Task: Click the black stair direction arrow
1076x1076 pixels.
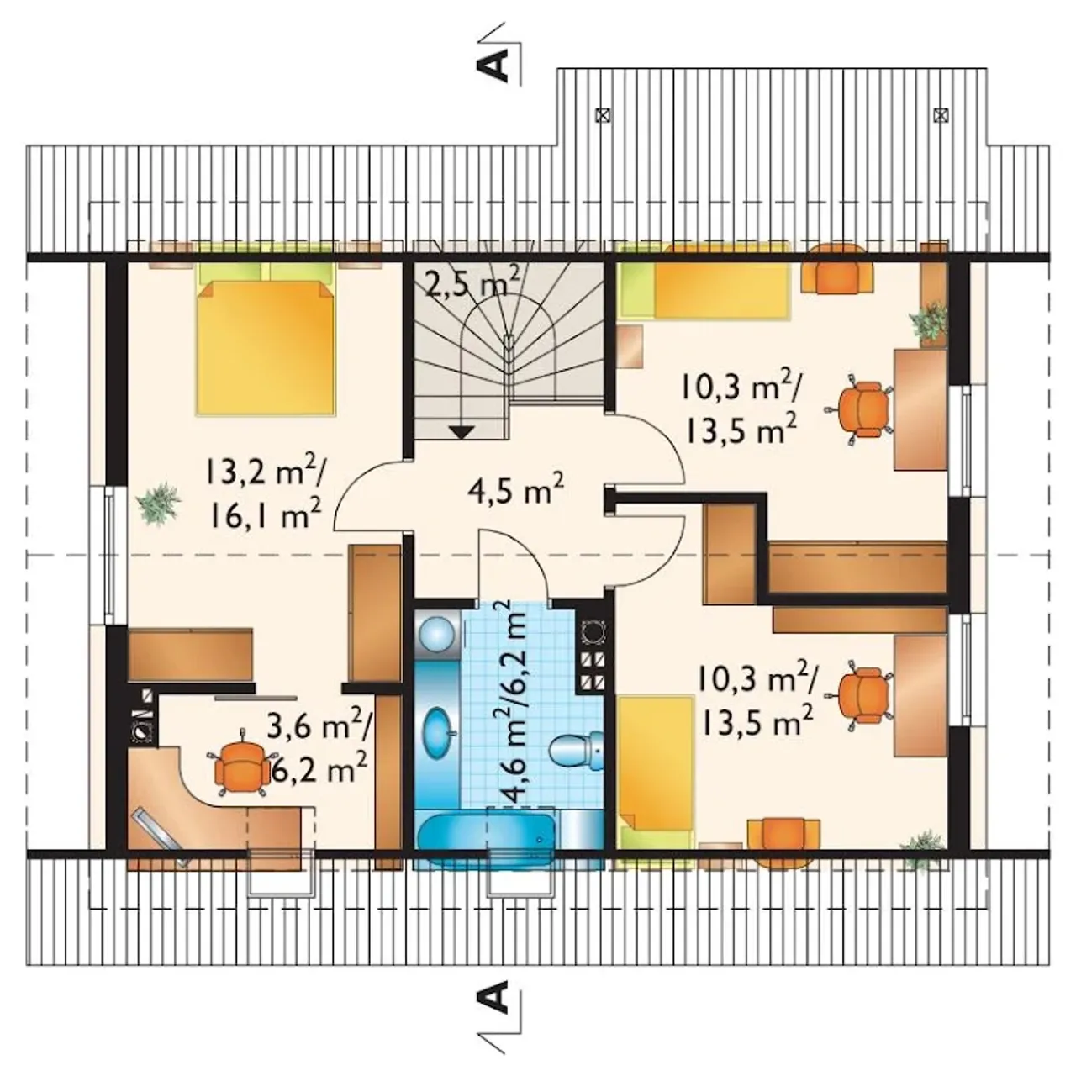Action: click(462, 431)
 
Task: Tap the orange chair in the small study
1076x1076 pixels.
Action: click(242, 763)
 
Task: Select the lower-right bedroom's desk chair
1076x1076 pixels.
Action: click(862, 694)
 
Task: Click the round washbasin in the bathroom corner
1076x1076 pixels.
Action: click(438, 634)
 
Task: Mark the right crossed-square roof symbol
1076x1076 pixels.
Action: click(941, 115)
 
